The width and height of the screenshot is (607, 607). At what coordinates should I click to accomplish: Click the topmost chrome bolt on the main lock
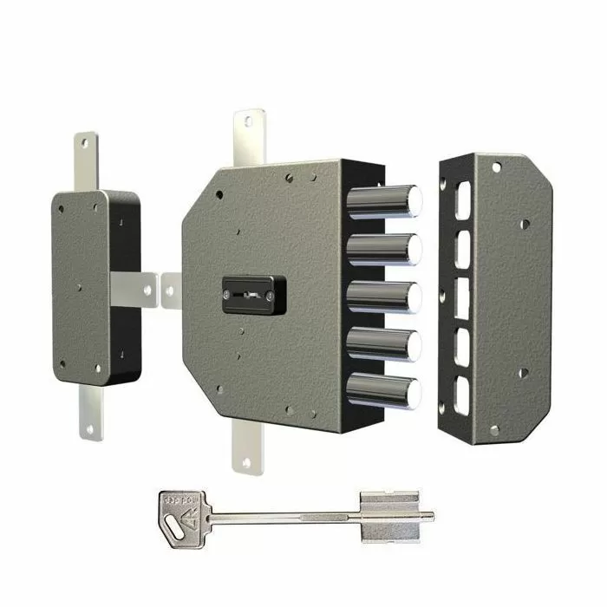[383, 202]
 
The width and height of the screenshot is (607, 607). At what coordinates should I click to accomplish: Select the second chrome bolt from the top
[383, 250]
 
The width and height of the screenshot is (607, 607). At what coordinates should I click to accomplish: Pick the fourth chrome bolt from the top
[383, 344]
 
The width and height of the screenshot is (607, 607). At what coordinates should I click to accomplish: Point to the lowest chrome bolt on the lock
[383, 390]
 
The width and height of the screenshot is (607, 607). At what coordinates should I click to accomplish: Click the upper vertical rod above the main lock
[249, 139]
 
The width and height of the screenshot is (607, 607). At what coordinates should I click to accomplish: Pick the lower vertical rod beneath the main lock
[245, 447]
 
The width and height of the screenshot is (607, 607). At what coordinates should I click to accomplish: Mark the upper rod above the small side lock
[87, 160]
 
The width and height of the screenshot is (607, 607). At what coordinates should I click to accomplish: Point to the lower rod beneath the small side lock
[90, 412]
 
